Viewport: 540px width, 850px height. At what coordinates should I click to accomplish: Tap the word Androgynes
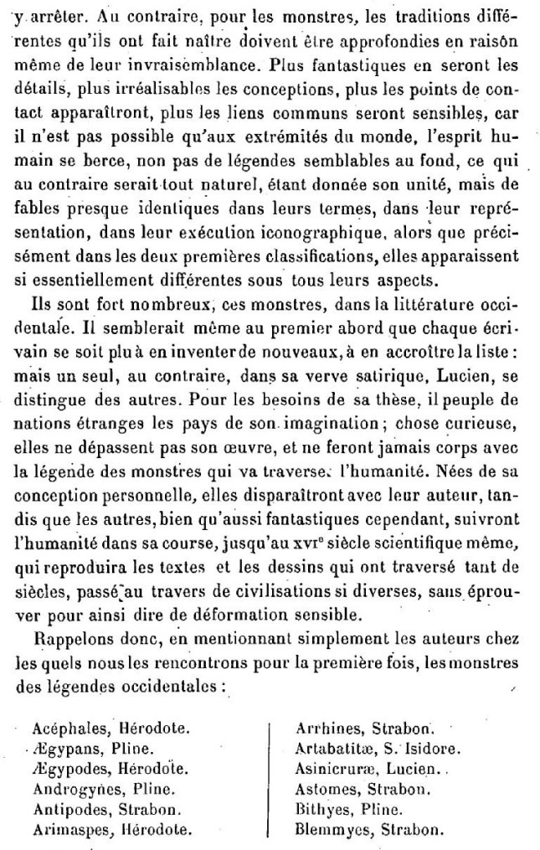coord(70,790)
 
